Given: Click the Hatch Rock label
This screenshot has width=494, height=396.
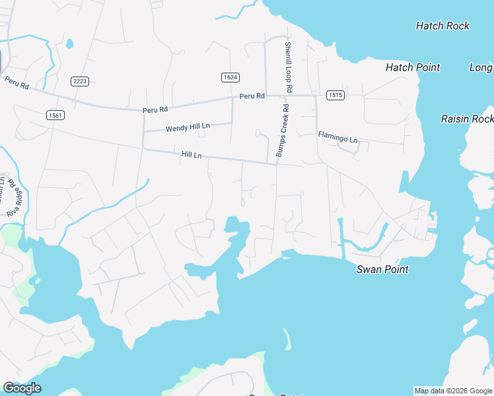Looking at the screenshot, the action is click(x=442, y=26).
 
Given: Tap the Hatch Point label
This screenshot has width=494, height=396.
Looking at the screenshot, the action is click(x=413, y=67).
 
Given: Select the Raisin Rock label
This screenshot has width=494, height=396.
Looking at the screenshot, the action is click(x=467, y=119).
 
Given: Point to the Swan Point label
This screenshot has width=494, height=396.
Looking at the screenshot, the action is click(x=382, y=269).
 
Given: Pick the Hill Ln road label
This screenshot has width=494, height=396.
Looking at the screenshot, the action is click(x=192, y=154).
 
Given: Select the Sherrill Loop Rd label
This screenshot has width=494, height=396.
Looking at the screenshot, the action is click(x=289, y=67).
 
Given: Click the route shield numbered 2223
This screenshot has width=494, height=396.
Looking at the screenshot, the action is click(x=80, y=81).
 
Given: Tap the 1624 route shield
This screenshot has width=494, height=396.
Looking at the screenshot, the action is click(x=230, y=77).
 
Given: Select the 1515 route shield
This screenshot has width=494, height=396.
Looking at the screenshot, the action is click(x=335, y=95).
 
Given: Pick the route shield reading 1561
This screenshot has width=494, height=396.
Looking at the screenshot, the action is click(x=55, y=115).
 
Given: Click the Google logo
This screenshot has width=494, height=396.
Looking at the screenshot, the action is click(x=22, y=388).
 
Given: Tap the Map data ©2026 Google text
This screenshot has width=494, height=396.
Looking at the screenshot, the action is click(x=453, y=391).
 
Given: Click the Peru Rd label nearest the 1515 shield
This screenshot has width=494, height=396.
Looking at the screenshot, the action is click(x=252, y=96).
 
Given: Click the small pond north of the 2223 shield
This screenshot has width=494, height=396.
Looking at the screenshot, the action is click(x=70, y=45).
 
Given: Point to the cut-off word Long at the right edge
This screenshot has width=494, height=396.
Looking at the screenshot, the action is click(x=481, y=67).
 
